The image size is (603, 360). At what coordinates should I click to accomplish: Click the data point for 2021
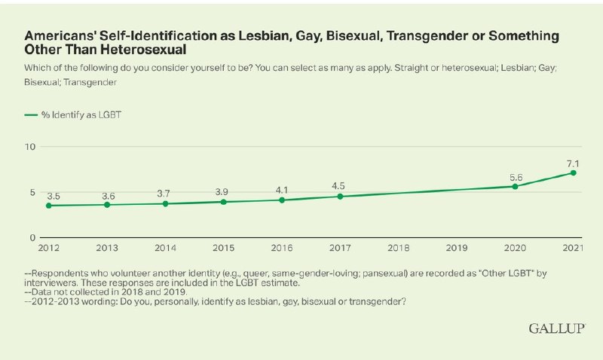click(574, 172)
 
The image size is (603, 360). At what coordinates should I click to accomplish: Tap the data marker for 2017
click(340, 197)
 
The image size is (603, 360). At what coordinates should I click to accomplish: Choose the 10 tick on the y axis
click(31, 145)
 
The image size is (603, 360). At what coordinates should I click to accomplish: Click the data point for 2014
click(164, 203)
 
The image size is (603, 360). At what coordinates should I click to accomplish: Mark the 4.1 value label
click(281, 188)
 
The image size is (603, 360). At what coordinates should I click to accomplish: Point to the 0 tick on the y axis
click(33, 238)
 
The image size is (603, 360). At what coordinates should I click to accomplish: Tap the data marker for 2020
click(515, 186)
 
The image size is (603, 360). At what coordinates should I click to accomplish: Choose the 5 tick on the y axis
click(33, 192)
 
